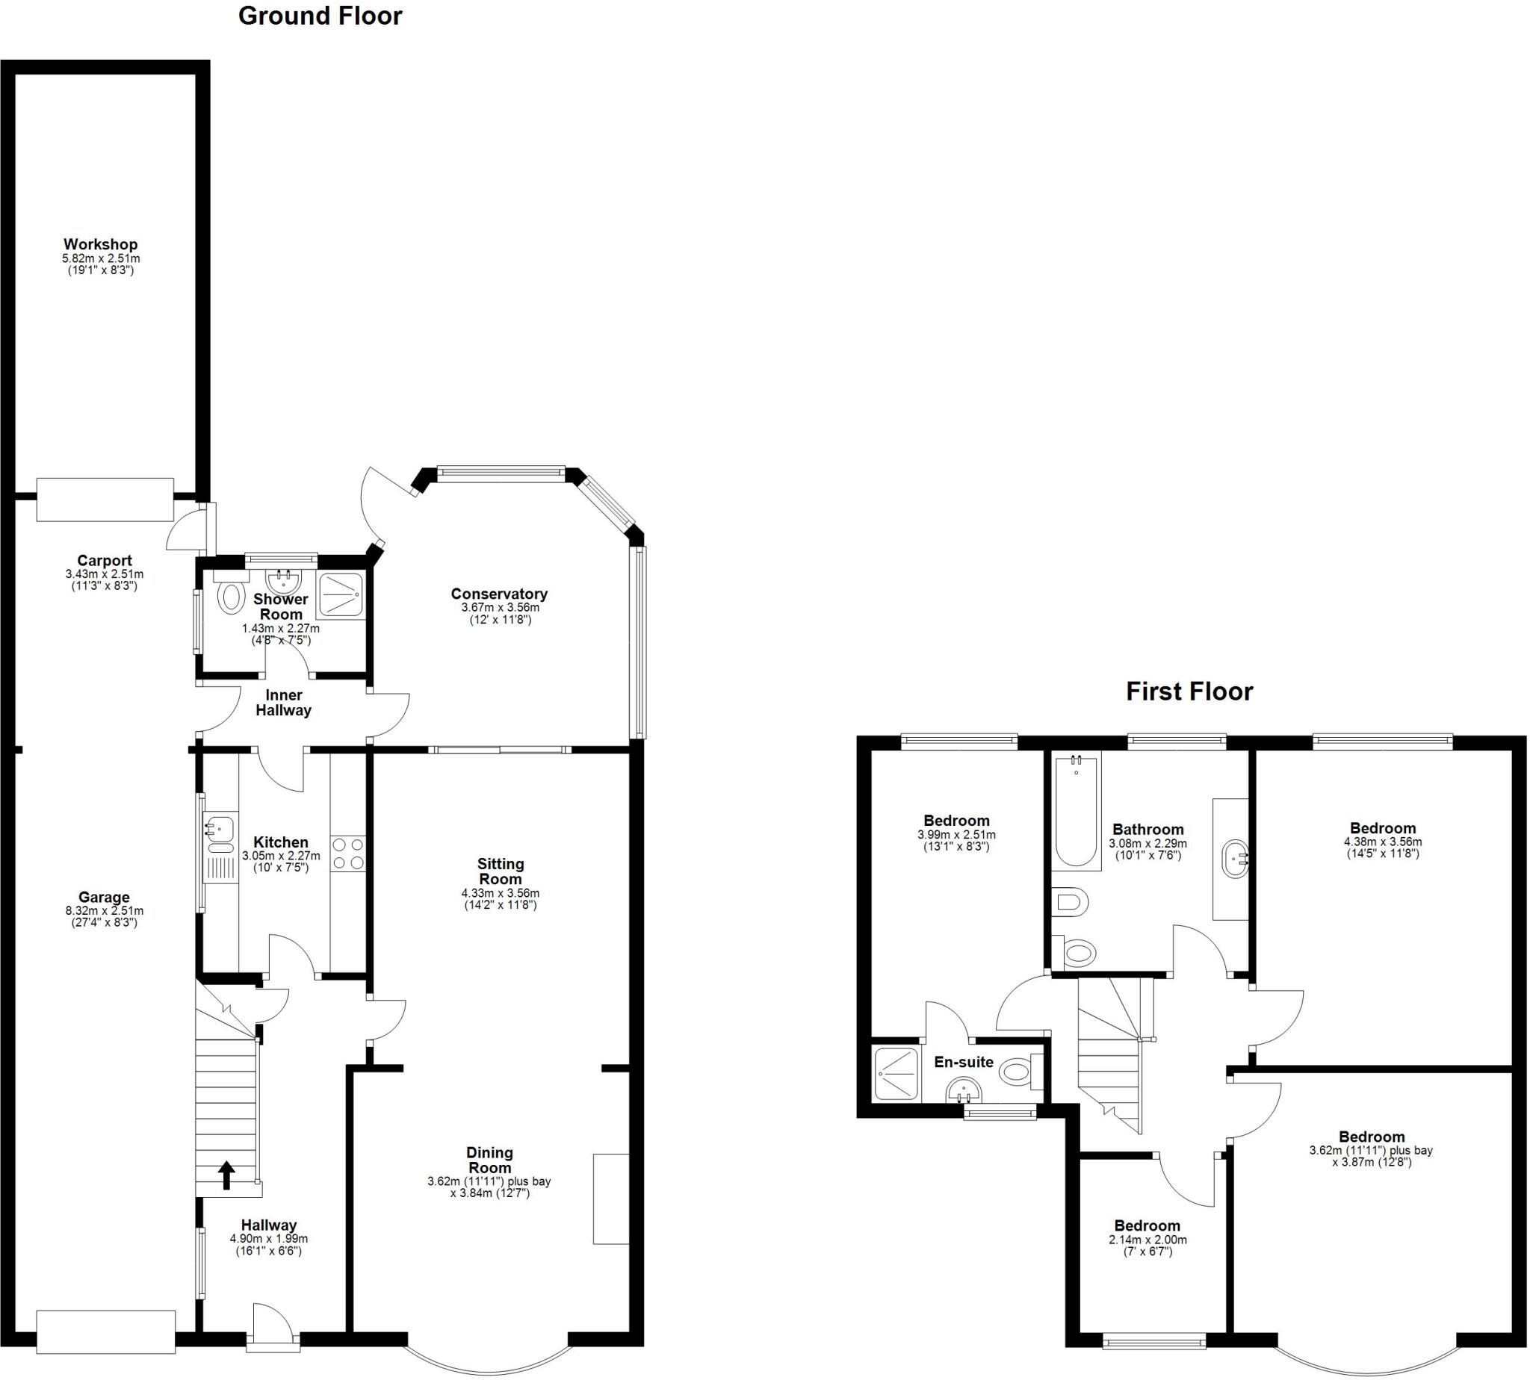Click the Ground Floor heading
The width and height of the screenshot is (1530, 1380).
point(319,16)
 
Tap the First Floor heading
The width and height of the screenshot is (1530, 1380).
point(1189,691)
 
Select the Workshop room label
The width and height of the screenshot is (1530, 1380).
point(100,244)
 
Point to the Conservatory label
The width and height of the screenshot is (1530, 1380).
point(498,594)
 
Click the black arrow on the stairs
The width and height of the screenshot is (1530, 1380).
point(226,1175)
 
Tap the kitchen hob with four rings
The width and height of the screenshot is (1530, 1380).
point(348,853)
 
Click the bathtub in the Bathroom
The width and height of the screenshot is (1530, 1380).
point(1076,811)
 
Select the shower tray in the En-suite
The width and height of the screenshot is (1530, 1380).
point(896,1074)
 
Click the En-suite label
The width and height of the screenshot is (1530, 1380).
point(964,1063)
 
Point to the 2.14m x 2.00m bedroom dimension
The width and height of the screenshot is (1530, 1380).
point(1147,1240)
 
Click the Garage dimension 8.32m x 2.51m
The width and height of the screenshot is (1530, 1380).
point(104,910)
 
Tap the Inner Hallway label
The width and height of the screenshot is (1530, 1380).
point(283,703)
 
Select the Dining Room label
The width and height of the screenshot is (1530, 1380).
point(489,1160)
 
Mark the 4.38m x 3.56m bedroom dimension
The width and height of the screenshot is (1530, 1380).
point(1382,842)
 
